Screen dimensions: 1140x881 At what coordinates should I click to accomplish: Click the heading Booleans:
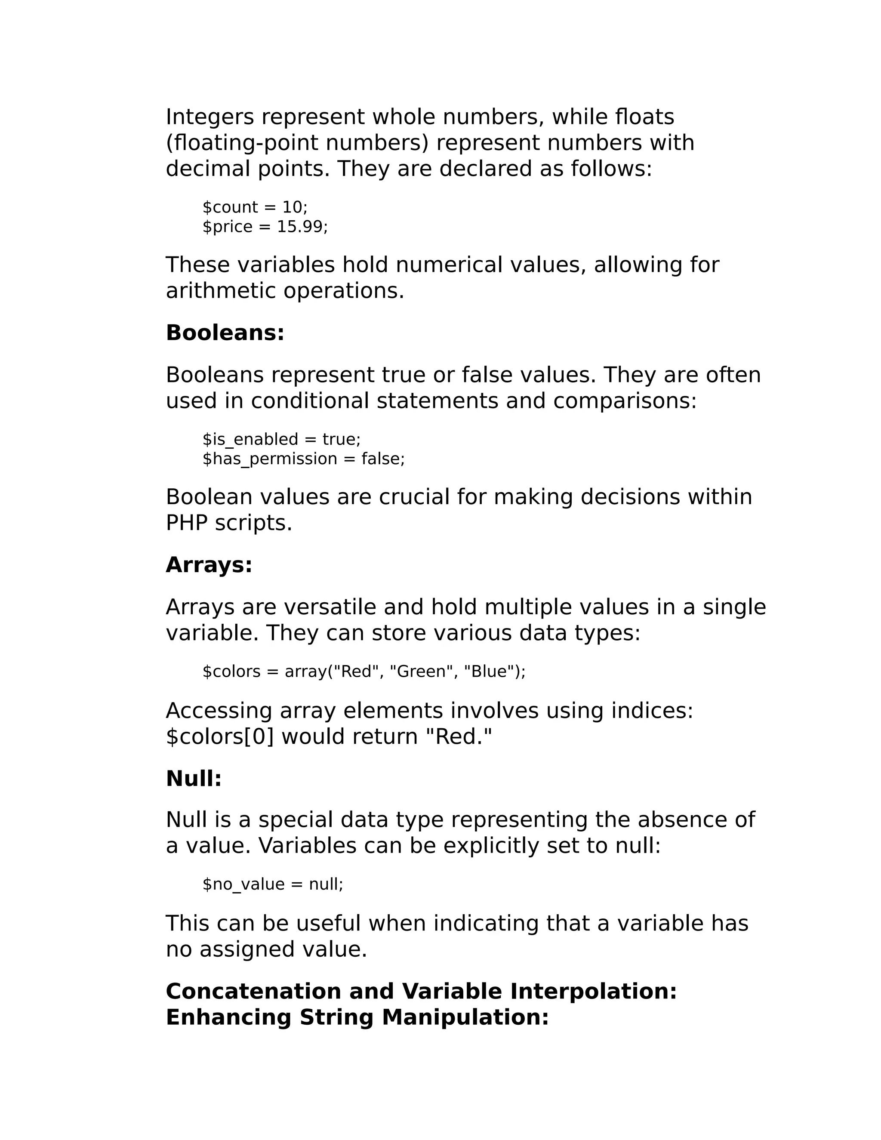225,333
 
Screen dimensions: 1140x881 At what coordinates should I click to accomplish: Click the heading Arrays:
209,565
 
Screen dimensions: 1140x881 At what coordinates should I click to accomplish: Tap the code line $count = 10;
255,207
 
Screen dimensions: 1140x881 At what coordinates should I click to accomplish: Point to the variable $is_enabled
250,440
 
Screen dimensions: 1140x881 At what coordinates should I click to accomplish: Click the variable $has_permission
270,459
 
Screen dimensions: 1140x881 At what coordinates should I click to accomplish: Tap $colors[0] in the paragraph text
220,737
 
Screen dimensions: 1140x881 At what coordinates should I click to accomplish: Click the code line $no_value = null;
272,884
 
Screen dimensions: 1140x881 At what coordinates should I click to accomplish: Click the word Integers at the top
210,117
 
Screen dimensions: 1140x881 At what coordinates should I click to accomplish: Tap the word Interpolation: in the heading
593,992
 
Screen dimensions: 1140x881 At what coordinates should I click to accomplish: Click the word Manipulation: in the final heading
465,1018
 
